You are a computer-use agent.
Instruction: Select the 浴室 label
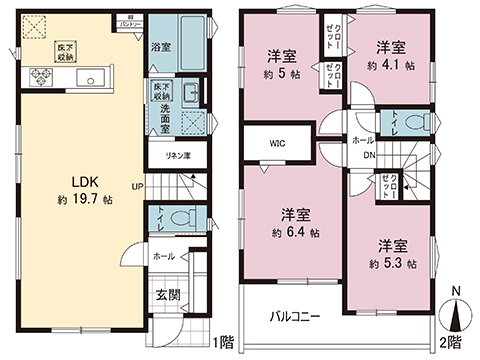point(159,46)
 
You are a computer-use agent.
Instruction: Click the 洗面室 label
point(160,111)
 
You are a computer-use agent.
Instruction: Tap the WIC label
point(275,141)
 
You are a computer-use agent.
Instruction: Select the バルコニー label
point(294,316)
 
